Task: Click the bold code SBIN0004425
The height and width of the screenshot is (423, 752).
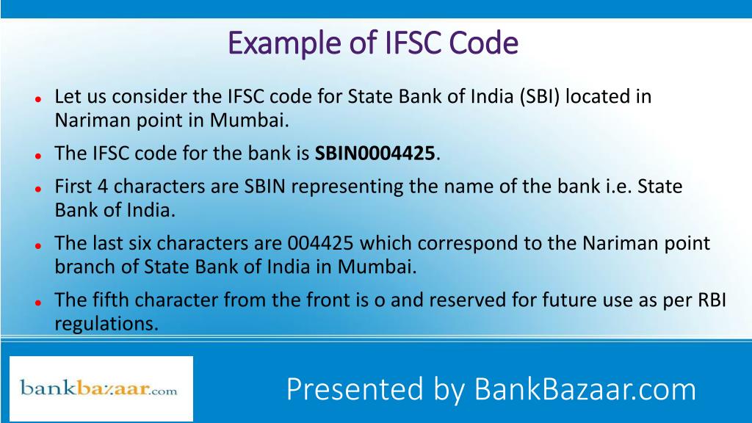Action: click(375, 154)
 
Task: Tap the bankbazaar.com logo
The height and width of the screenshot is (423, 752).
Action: click(99, 388)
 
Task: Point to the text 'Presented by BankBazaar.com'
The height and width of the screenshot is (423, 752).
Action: click(491, 389)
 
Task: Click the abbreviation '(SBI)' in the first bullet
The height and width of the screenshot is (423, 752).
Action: click(539, 97)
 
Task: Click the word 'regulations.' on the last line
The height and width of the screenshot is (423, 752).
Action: click(106, 323)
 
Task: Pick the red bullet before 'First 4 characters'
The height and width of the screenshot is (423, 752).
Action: click(36, 189)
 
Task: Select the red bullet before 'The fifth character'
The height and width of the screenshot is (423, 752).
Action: click(36, 302)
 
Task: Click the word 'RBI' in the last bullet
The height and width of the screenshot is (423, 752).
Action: click(710, 300)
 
